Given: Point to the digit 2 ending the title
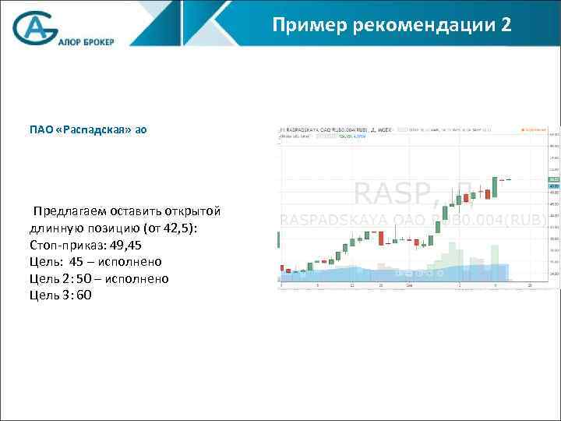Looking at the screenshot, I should tap(507, 26).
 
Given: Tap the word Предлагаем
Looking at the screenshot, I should tap(71, 211).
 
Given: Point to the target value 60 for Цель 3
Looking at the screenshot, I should tap(84, 295).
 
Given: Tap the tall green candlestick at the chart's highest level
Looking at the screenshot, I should tap(494, 187).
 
